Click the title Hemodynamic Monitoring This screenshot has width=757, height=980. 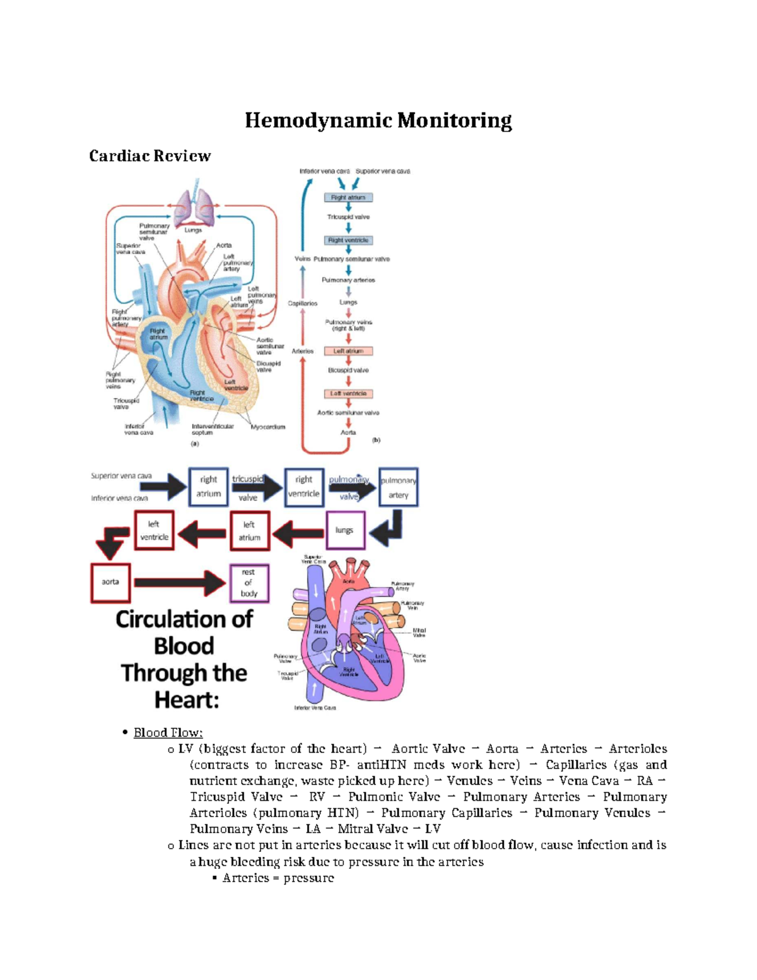coord(378,120)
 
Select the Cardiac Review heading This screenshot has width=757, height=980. coord(150,156)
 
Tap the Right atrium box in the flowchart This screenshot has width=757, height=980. coord(348,198)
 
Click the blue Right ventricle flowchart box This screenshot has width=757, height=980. coord(348,240)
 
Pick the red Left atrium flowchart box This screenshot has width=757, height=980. coord(348,351)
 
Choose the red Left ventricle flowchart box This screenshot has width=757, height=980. coord(348,394)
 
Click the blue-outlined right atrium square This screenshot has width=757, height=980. coord(208,487)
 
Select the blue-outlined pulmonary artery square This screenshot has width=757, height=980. coord(398,487)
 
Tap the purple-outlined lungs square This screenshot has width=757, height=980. coord(344,530)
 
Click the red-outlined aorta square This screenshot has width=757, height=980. coord(110,582)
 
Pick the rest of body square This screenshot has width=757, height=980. coord(249,582)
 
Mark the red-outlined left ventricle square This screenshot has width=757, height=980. coord(154,530)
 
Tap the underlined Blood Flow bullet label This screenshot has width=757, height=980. coord(168,733)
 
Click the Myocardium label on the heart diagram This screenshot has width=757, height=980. coord(268,427)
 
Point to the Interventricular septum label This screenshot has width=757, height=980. coord(213,430)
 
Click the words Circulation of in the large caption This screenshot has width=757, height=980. coord(184,619)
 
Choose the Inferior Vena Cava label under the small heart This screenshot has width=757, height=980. coord(315,708)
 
